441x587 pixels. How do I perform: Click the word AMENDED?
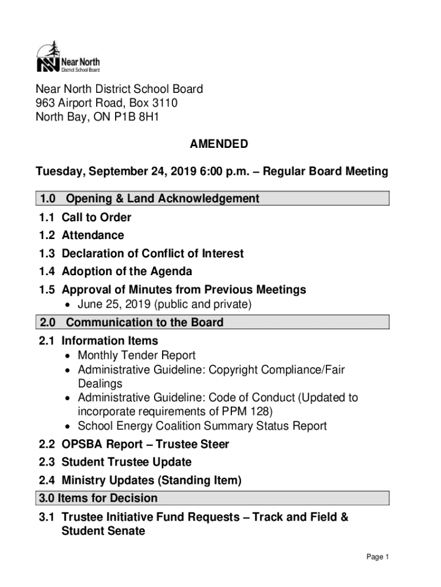click(219, 144)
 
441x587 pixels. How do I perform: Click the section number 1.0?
click(48, 199)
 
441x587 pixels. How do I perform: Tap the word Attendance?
click(93, 235)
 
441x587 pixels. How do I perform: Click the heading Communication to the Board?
click(145, 322)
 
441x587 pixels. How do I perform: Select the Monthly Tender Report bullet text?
click(136, 355)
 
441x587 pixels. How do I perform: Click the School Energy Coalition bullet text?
click(202, 426)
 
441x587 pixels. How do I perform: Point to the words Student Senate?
click(103, 531)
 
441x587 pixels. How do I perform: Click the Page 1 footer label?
click(377, 557)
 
